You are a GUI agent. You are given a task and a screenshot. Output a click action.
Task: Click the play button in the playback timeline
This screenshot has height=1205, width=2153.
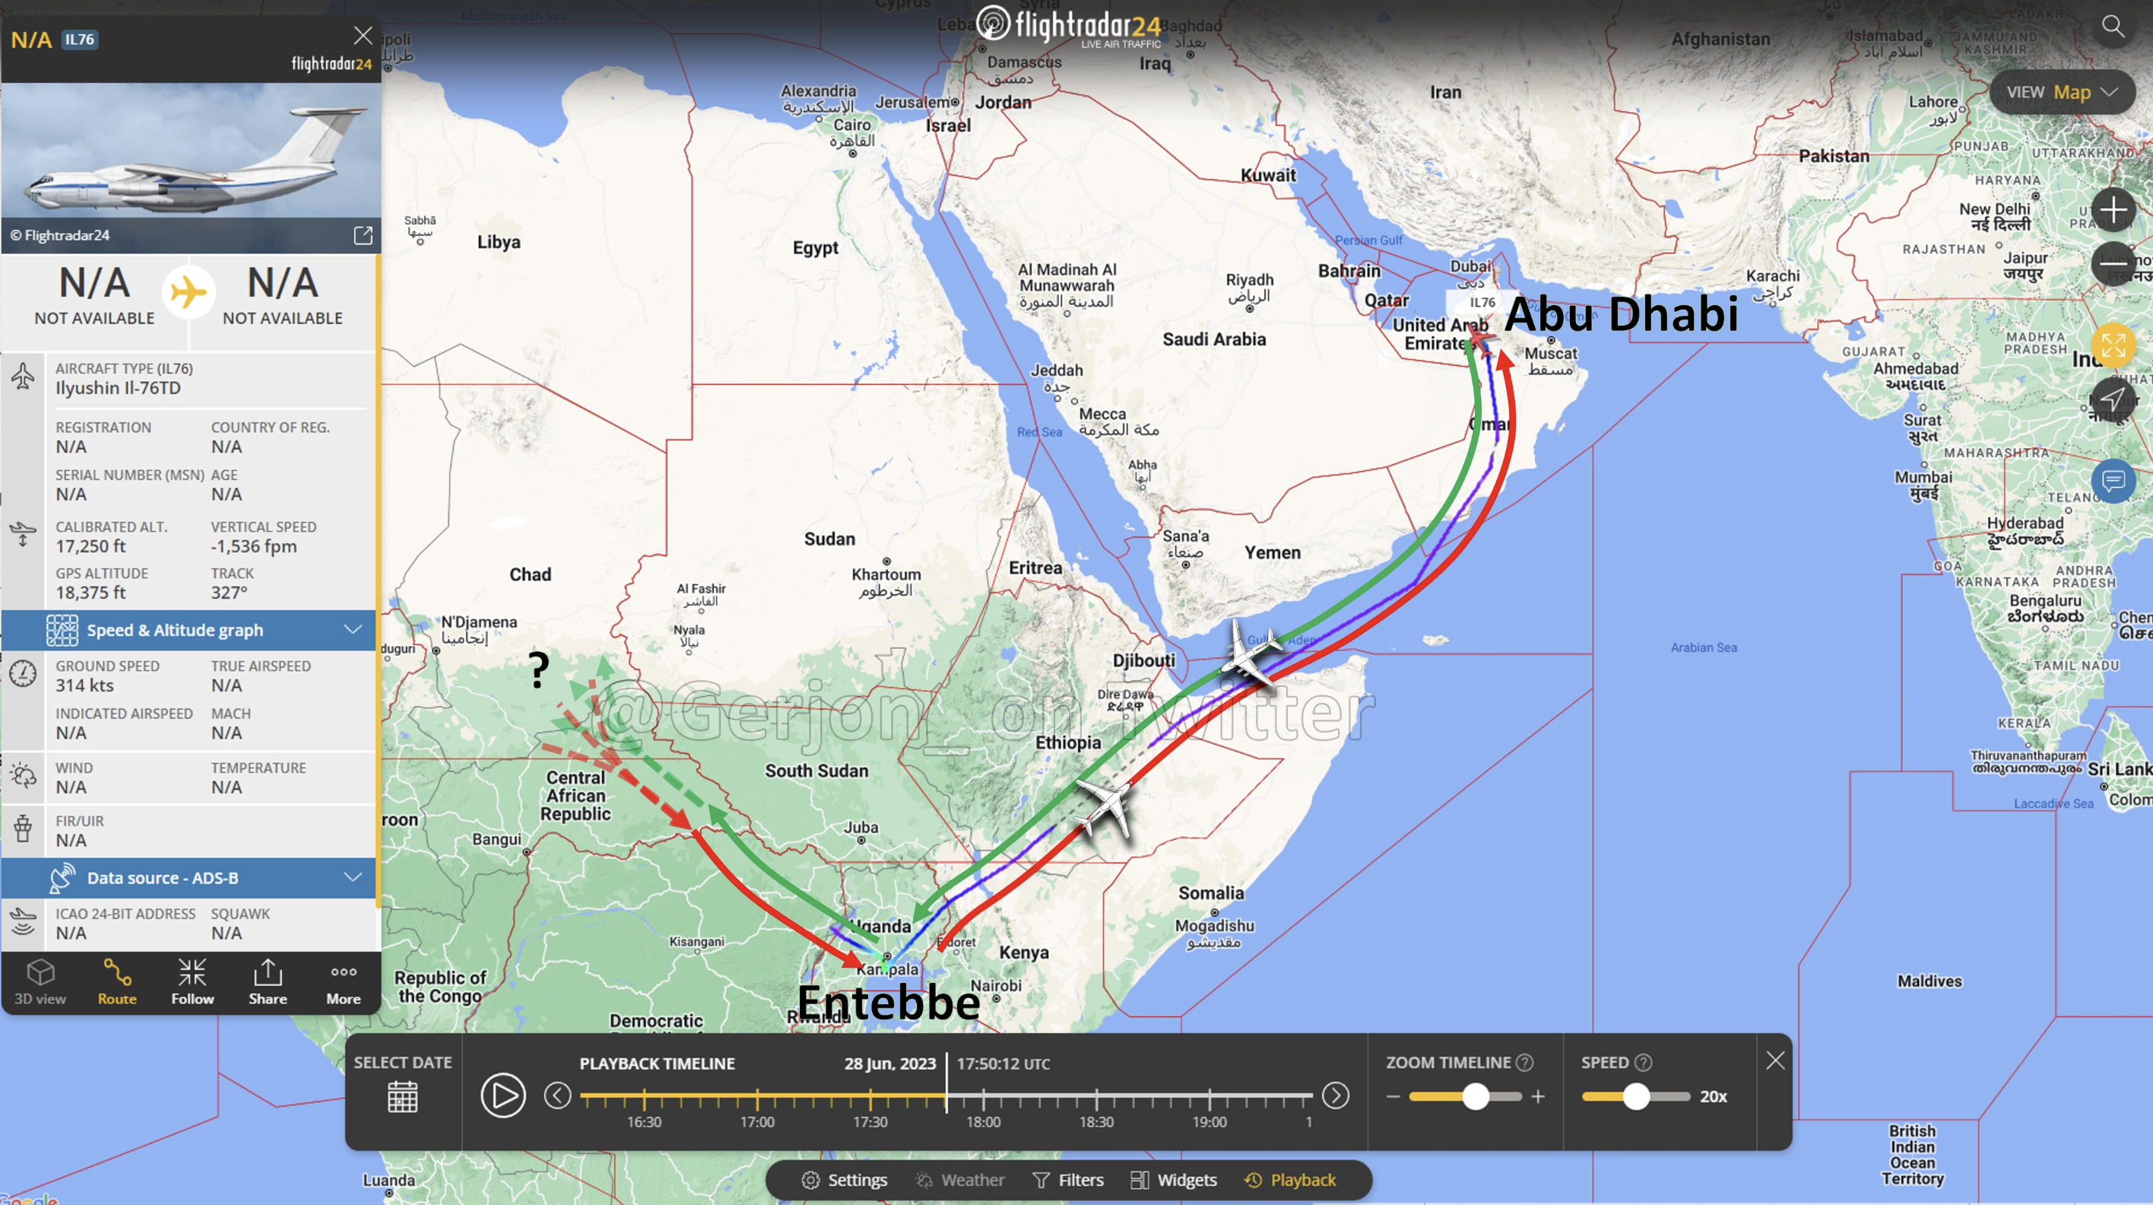(503, 1095)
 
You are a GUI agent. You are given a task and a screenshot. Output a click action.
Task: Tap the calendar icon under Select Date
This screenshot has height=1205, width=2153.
(402, 1096)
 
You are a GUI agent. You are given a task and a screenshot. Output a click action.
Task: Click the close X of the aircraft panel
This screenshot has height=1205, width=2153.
(363, 35)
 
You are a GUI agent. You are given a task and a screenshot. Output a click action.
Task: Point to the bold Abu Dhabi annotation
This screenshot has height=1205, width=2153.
(1621, 313)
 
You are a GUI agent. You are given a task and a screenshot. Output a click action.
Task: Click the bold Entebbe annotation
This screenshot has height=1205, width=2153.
(889, 1003)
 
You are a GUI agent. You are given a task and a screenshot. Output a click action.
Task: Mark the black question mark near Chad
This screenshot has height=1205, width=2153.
(539, 669)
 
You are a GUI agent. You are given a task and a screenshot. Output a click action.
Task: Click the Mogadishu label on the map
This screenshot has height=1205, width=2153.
(1214, 926)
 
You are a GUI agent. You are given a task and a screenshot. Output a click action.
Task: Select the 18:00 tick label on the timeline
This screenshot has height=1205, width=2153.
(983, 1122)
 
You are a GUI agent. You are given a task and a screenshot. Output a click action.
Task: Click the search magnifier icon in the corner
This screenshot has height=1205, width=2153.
(2113, 27)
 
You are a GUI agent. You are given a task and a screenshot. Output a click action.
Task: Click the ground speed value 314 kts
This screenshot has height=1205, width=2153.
(84, 685)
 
